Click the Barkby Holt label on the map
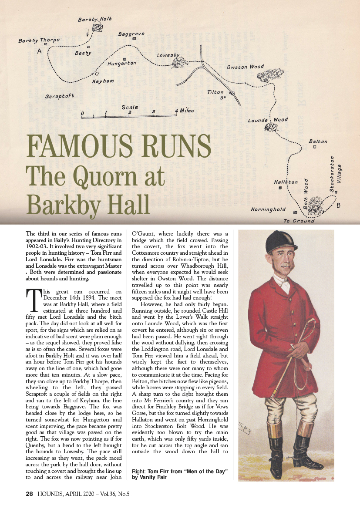click(94, 20)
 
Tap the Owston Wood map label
click(246, 67)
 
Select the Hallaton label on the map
click(286, 182)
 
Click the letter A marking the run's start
click(40, 51)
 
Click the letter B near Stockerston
click(338, 206)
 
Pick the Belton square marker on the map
click(315, 147)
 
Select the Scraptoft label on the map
click(60, 96)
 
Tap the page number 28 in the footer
click(29, 494)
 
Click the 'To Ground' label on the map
click(298, 221)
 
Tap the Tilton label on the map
click(215, 92)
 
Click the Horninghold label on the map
click(268, 209)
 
